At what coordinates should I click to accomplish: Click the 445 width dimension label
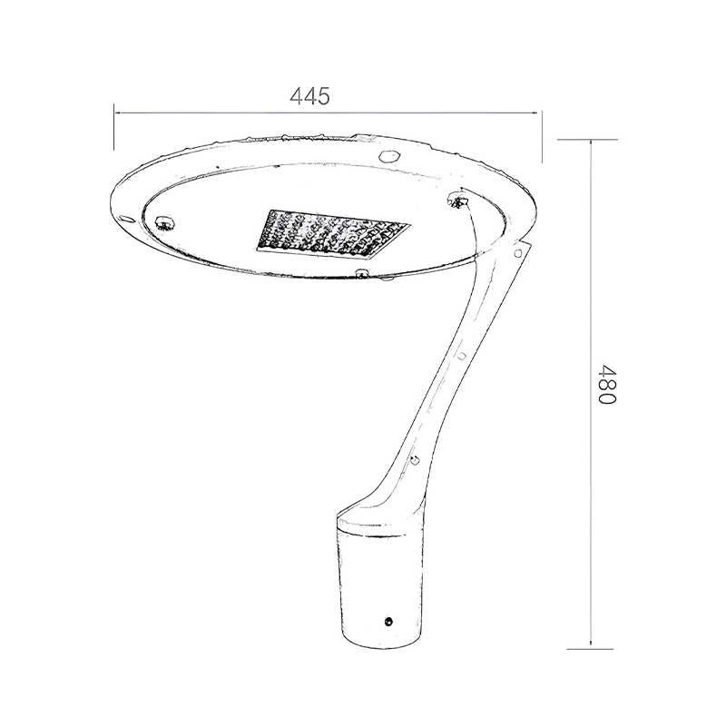point(309,96)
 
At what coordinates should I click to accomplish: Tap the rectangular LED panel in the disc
point(333,234)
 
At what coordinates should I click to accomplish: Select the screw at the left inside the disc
point(165,222)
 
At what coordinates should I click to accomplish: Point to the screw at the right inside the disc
point(458,201)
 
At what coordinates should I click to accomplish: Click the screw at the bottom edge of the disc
point(361,273)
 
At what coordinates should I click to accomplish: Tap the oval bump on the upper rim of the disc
point(389,155)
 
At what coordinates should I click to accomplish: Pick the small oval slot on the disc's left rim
point(125,217)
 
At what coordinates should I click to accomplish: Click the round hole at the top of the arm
point(517,253)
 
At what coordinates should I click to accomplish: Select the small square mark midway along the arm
point(462,356)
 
